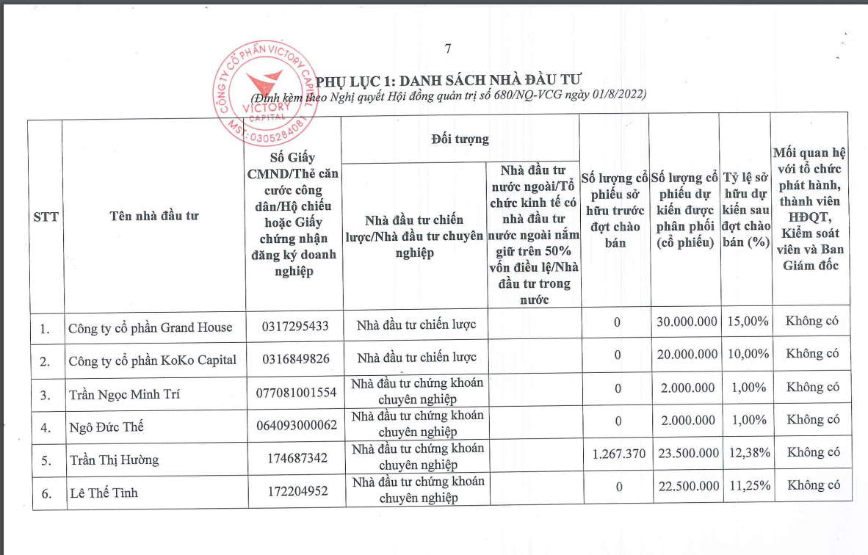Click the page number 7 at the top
(447, 49)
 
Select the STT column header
(46, 217)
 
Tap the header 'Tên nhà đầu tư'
(153, 216)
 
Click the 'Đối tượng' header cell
(460, 139)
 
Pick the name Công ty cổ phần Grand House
(150, 327)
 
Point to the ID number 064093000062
(294, 424)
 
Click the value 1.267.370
(618, 454)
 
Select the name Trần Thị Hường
(114, 460)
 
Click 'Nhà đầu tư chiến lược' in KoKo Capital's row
(416, 358)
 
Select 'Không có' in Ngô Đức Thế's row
(813, 419)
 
